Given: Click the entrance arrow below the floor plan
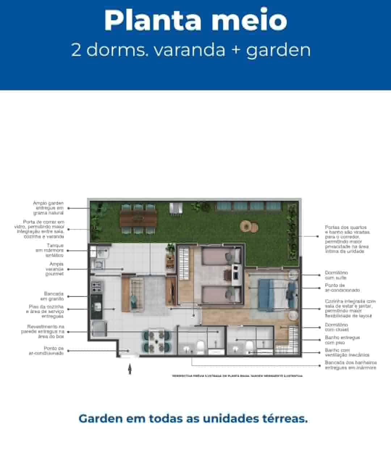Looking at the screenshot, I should pyautogui.click(x=130, y=369).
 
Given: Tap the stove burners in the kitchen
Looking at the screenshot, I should pyautogui.click(x=97, y=287).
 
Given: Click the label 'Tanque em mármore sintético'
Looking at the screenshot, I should pyautogui.click(x=50, y=250).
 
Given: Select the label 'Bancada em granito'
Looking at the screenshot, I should pyautogui.click(x=54, y=296).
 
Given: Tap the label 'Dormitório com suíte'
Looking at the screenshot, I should pyautogui.click(x=336, y=275).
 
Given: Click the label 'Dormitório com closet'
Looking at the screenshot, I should pyautogui.click(x=336, y=327).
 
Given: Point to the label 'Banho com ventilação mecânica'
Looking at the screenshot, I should pyautogui.click(x=342, y=353).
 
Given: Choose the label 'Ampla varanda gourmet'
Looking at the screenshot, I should pyautogui.click(x=54, y=269).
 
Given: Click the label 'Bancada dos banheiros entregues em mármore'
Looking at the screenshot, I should pyautogui.click(x=350, y=365).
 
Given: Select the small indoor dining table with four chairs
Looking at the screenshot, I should pyautogui.click(x=156, y=341).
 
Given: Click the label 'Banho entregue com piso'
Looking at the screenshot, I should pyautogui.click(x=342, y=340).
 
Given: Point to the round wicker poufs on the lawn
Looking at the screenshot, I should pyautogui.click(x=249, y=227).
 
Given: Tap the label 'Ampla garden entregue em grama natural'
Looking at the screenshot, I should pyautogui.click(x=49, y=208).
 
